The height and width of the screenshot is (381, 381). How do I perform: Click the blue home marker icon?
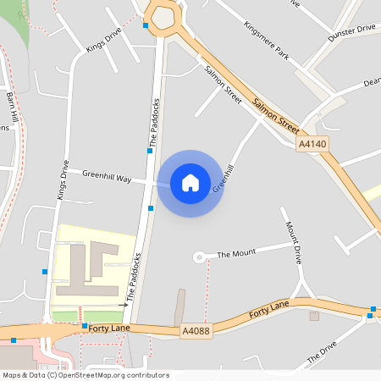tap(190, 182)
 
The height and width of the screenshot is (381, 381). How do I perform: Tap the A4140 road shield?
tap(312, 145)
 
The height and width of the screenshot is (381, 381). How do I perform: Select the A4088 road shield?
tap(195, 331)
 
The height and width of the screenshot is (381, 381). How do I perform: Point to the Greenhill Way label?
tap(107, 177)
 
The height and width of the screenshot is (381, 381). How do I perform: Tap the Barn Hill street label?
tap(12, 105)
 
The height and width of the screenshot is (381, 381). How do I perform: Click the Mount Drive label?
tap(294, 241)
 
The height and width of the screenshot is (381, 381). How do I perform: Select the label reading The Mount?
tap(236, 254)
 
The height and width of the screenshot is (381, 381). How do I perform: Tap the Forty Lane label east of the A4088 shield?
tap(269, 309)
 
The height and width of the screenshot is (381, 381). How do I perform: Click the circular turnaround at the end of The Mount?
tap(200, 256)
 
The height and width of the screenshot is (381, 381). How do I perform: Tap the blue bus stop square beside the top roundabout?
tap(146, 25)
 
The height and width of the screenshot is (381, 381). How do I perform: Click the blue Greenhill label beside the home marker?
tap(223, 179)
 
